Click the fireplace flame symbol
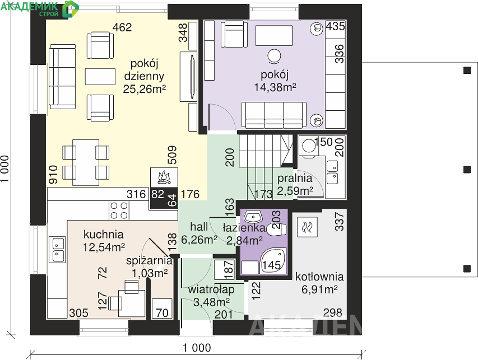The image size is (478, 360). (x=164, y=177)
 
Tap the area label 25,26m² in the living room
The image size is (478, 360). (x=145, y=88)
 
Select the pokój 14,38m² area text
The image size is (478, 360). (x=275, y=87)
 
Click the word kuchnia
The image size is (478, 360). (x=103, y=235)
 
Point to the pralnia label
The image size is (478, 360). (x=295, y=178)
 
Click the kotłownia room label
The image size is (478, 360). (x=319, y=277)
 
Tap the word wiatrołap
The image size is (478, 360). (x=211, y=289)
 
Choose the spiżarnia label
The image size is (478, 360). (x=149, y=261)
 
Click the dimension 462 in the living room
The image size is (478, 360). (x=122, y=27)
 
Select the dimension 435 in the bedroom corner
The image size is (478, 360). (x=335, y=26)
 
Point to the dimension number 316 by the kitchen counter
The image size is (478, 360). (x=136, y=194)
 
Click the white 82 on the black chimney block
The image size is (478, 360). (x=158, y=194)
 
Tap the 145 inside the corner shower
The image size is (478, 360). (x=272, y=265)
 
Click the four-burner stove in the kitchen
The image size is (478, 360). (x=119, y=211)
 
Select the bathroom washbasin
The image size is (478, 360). (x=253, y=217)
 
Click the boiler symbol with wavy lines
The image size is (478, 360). (x=307, y=227)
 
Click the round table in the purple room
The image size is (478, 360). (x=274, y=56)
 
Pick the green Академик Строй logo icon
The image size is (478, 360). (x=70, y=9)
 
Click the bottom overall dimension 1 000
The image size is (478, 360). (x=197, y=348)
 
